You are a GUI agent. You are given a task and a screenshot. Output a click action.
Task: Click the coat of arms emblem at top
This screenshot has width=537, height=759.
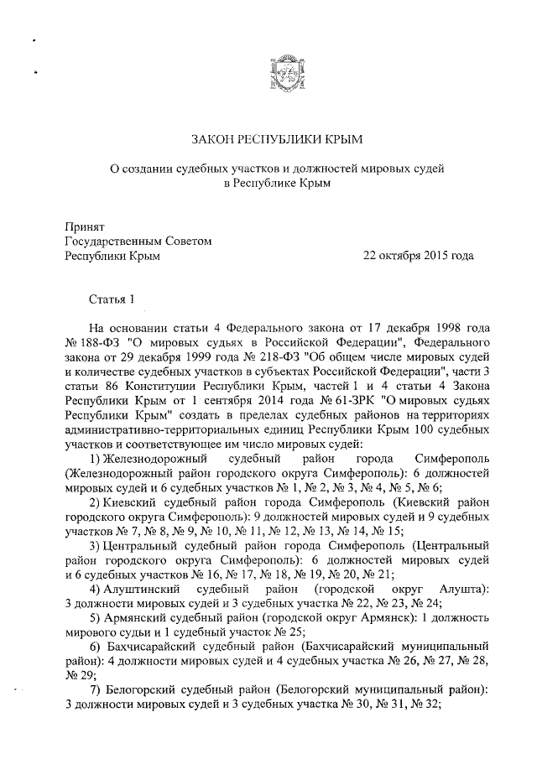click(282, 72)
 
